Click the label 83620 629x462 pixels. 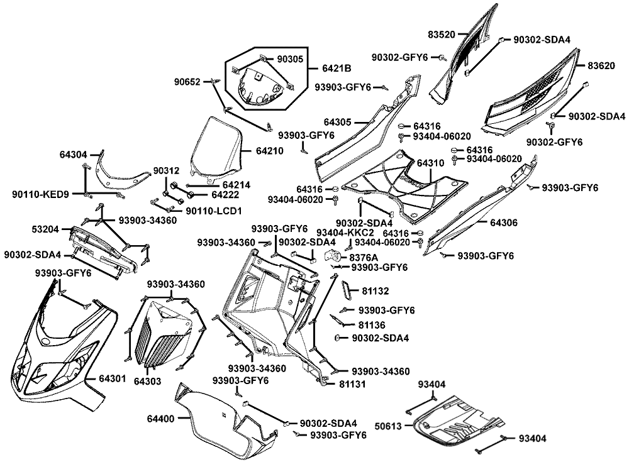(x=602, y=65)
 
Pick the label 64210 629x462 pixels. (x=269, y=151)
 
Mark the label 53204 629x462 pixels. (x=47, y=231)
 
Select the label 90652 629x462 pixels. (x=188, y=82)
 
